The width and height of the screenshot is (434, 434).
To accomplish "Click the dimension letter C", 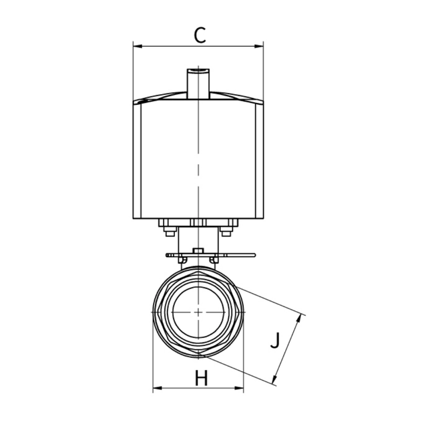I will point(199,34).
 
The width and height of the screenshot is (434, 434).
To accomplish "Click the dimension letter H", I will point(201,379).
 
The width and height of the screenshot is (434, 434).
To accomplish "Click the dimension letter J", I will point(274,342).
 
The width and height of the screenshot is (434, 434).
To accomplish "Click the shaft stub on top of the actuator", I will point(198,81).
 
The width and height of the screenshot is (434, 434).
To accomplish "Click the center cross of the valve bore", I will point(198,312).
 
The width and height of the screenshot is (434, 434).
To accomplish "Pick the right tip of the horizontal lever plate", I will point(254,255).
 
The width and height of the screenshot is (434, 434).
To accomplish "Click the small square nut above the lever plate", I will point(197,251).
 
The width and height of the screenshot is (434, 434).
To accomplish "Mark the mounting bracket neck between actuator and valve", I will point(198,239).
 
